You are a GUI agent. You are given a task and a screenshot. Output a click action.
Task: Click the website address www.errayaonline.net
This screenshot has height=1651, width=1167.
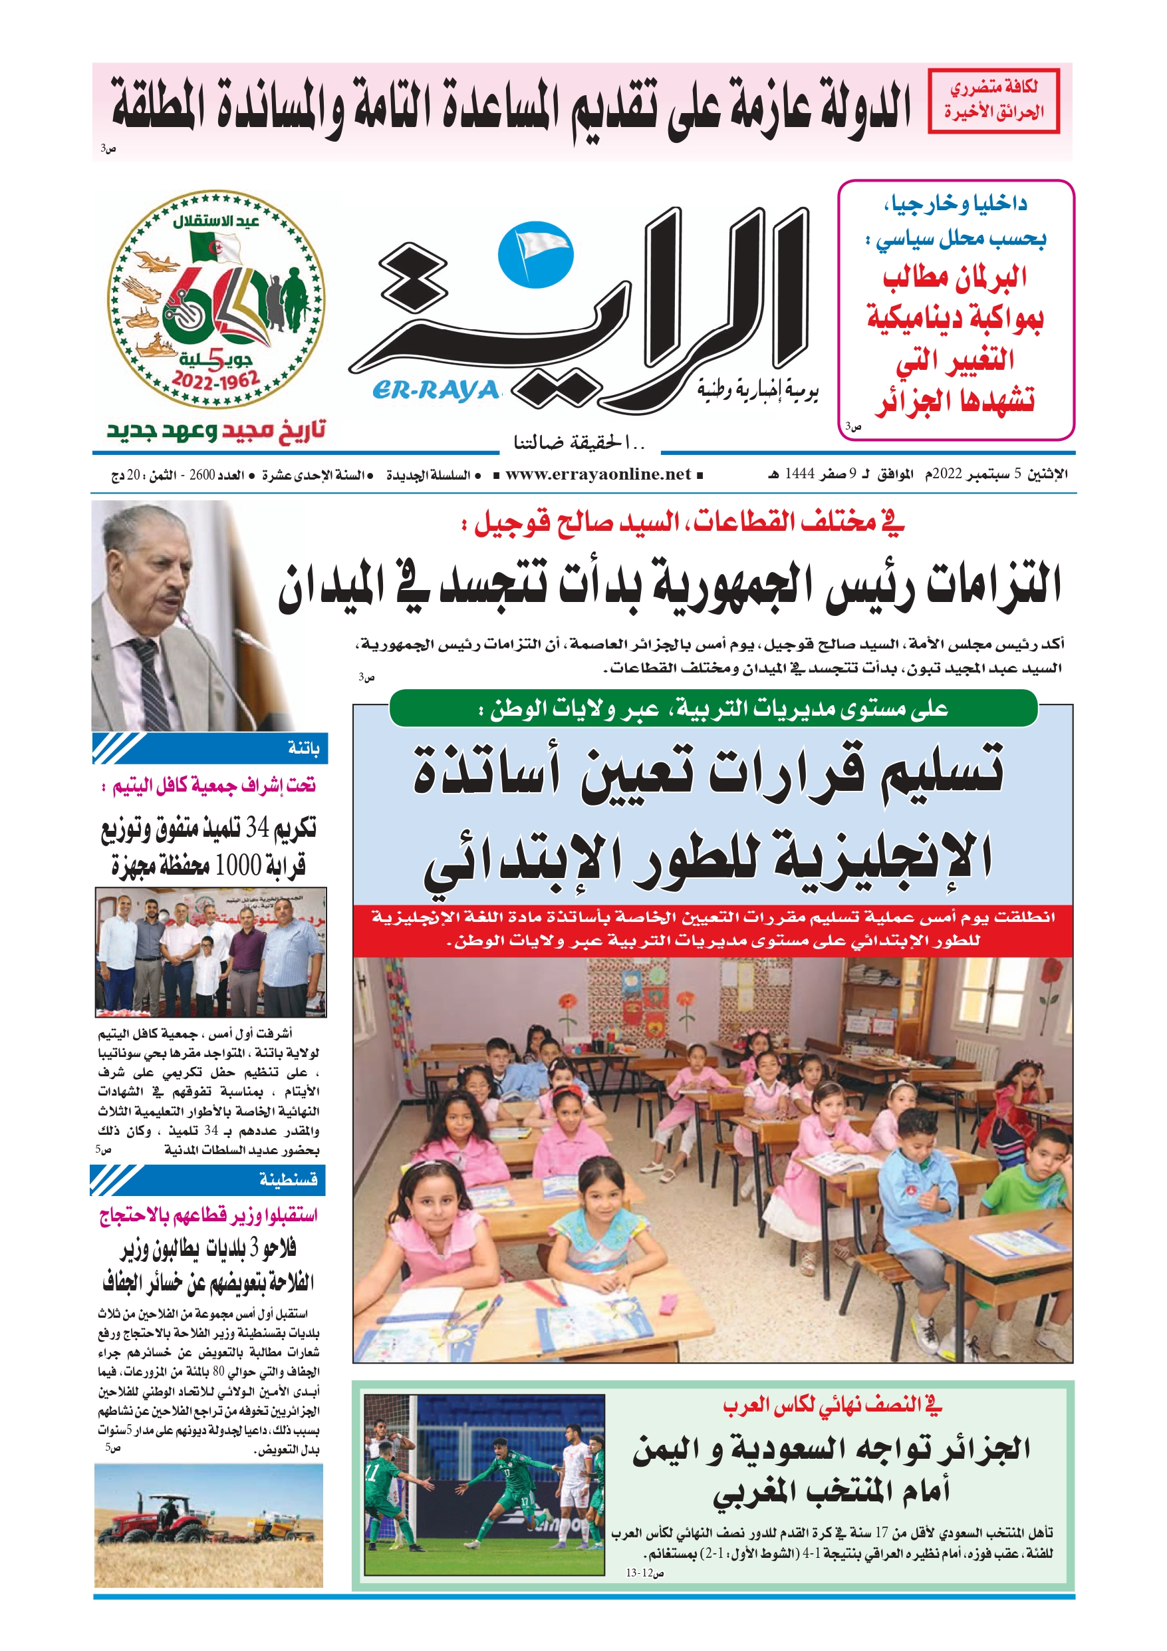click(598, 474)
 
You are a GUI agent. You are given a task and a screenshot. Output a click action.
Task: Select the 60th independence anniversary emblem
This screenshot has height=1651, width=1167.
click(215, 299)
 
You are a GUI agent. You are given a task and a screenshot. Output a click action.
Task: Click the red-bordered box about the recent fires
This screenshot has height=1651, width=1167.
click(993, 100)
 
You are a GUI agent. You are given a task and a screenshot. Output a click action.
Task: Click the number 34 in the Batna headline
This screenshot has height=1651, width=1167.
click(257, 829)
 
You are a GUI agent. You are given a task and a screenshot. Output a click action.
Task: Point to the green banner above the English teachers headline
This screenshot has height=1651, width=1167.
click(713, 709)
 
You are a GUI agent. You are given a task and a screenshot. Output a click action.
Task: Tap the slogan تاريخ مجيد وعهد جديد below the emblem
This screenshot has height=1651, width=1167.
click(215, 430)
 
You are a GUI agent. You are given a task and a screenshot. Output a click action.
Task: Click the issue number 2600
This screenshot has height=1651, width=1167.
click(202, 476)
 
